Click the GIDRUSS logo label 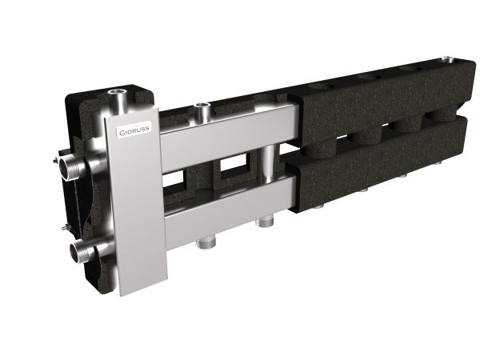(134, 130)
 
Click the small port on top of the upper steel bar (202, 111)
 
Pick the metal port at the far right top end (450, 60)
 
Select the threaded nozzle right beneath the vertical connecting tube (265, 222)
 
